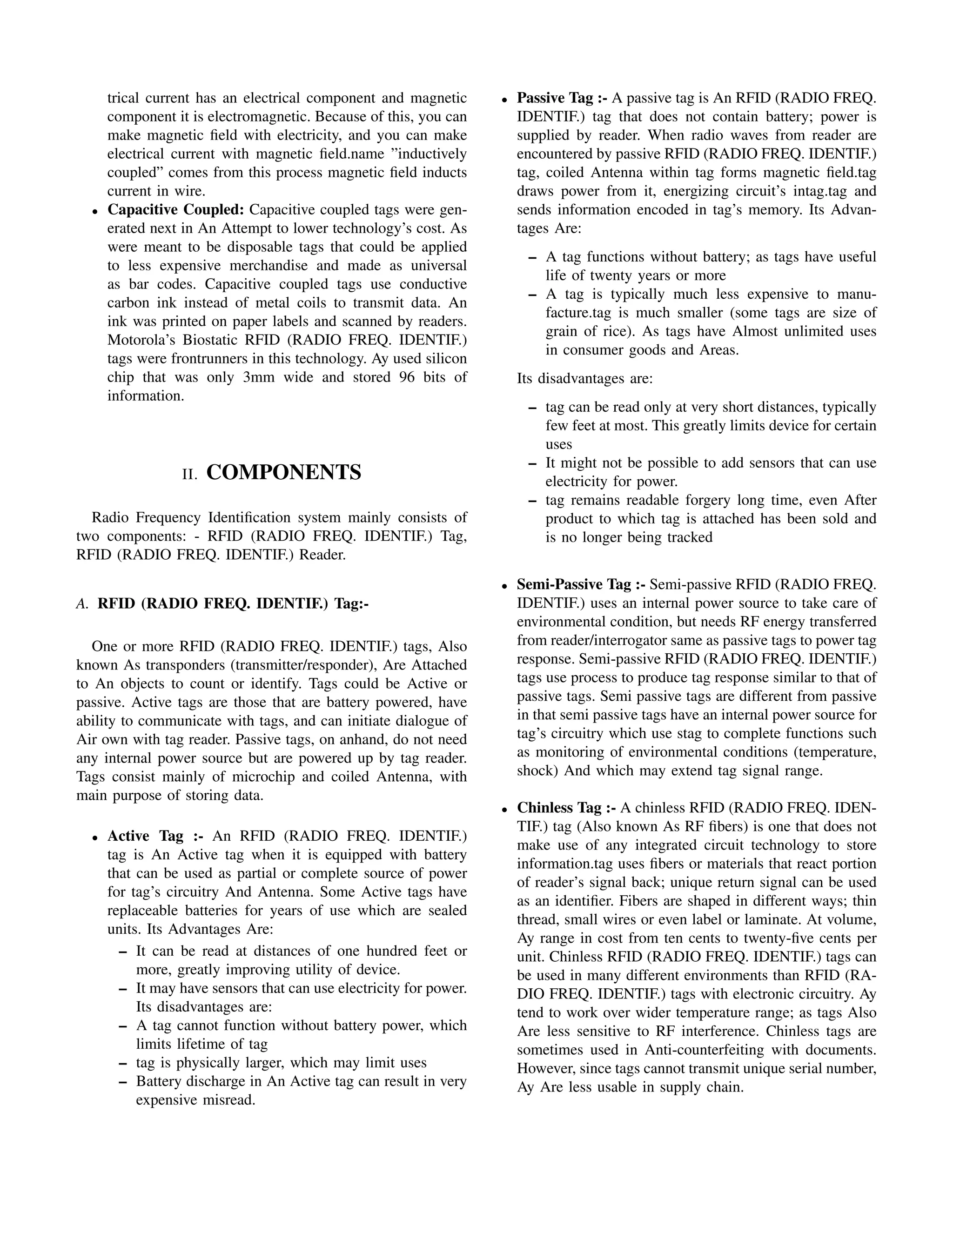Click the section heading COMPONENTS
pyautogui.click(x=283, y=472)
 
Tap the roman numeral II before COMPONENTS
pyautogui.click(x=190, y=474)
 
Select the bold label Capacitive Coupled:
pyautogui.click(x=175, y=209)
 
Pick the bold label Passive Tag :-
pyautogui.click(x=562, y=98)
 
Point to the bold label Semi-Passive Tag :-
pyautogui.click(x=581, y=584)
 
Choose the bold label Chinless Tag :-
pyautogui.click(x=566, y=807)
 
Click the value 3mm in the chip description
pyautogui.click(x=258, y=377)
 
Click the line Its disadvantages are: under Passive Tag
pyautogui.click(x=584, y=378)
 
